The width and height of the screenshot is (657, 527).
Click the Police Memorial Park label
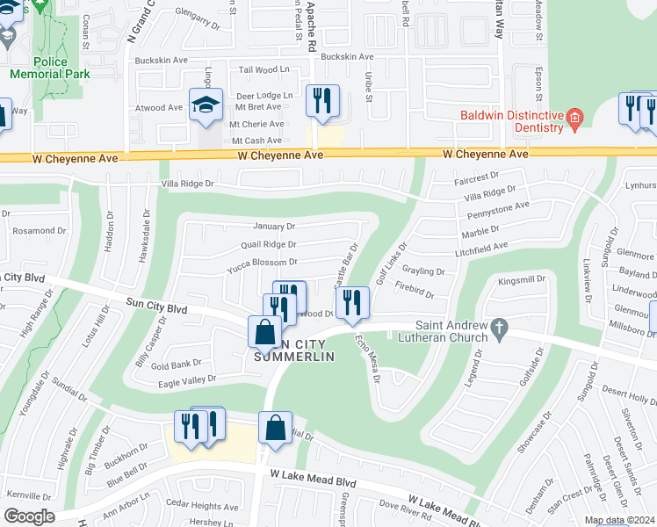pyautogui.click(x=49, y=68)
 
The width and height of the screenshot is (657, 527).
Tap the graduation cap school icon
pyautogui.click(x=206, y=105)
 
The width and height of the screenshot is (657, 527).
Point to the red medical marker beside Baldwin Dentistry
pyautogui.click(x=574, y=117)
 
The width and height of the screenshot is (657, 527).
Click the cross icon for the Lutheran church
pyautogui.click(x=499, y=331)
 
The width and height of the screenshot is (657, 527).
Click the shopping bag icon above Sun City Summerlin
pyautogui.click(x=265, y=333)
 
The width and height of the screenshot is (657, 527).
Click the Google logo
pyautogui.click(x=29, y=516)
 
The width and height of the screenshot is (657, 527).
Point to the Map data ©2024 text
pyautogui.click(x=620, y=520)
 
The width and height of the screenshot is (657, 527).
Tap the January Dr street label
pyautogui.click(x=275, y=226)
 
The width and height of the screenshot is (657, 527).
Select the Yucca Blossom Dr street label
pyautogui.click(x=262, y=262)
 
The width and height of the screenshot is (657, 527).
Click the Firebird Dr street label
pyautogui.click(x=415, y=286)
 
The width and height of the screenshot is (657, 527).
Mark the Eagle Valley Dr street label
pyautogui.click(x=188, y=379)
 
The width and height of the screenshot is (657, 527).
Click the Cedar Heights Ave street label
pyautogui.click(x=202, y=507)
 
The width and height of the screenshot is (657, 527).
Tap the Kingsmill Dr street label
pyautogui.click(x=522, y=280)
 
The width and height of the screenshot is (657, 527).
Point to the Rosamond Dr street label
pyautogui.click(x=29, y=231)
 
